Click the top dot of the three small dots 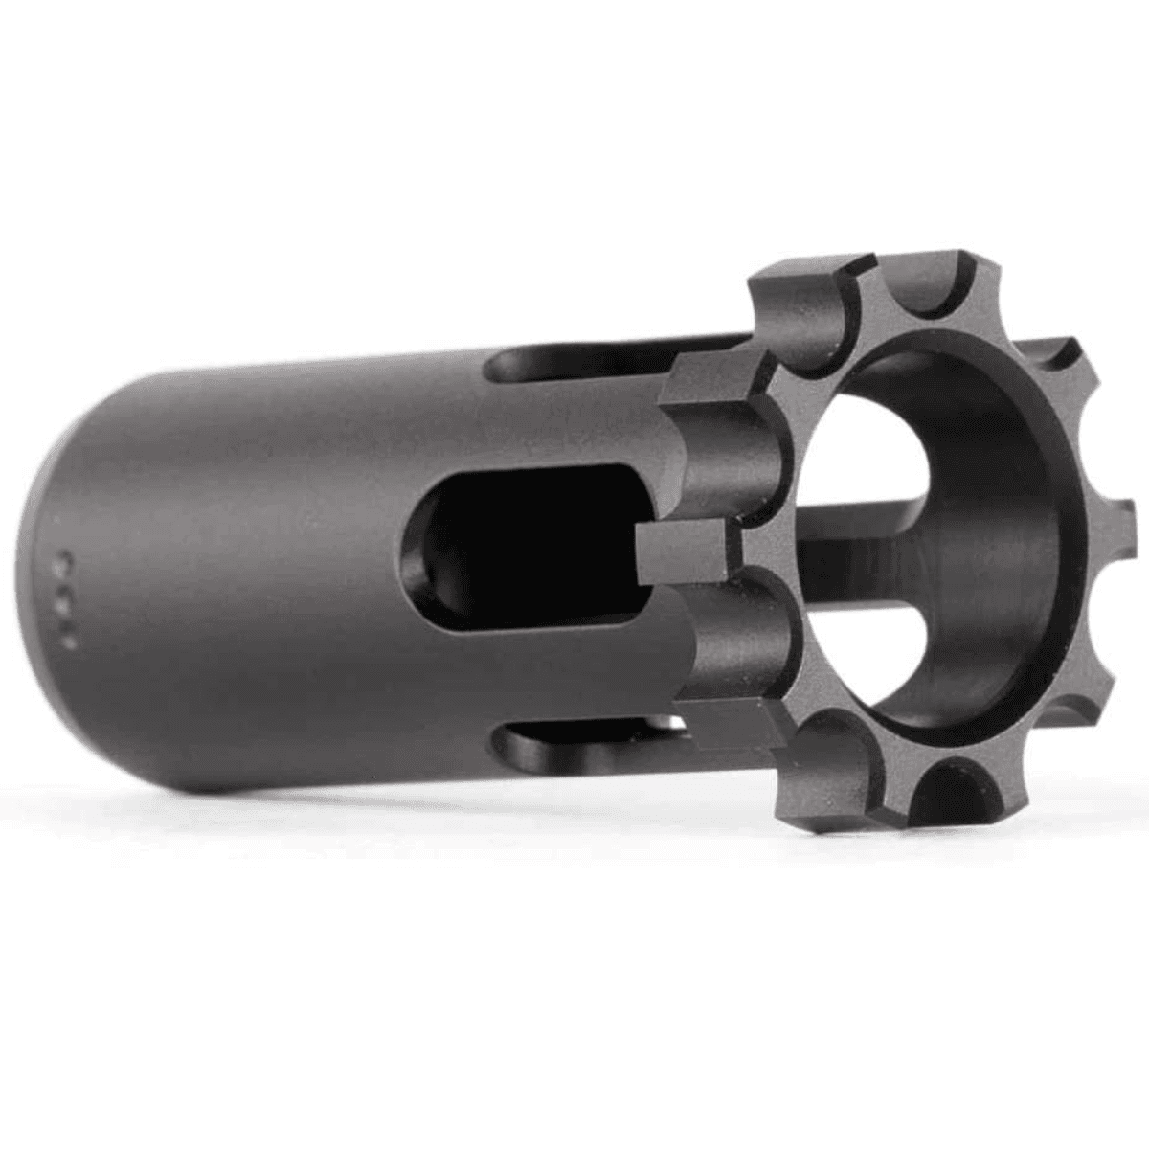coord(66,556)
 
